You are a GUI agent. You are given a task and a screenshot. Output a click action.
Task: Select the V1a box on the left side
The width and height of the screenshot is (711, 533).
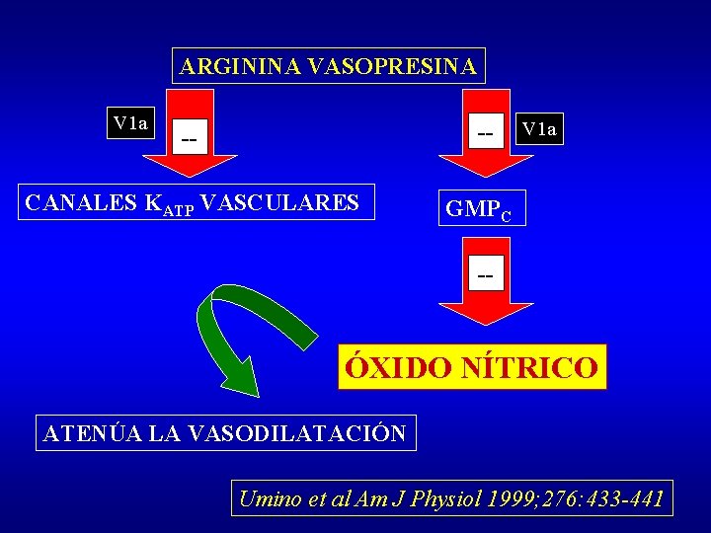coord(130,123)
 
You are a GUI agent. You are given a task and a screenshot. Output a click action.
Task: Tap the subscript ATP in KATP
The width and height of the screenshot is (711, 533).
coord(180,209)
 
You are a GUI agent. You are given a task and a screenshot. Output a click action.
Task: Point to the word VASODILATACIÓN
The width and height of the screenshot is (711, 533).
coord(295,433)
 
